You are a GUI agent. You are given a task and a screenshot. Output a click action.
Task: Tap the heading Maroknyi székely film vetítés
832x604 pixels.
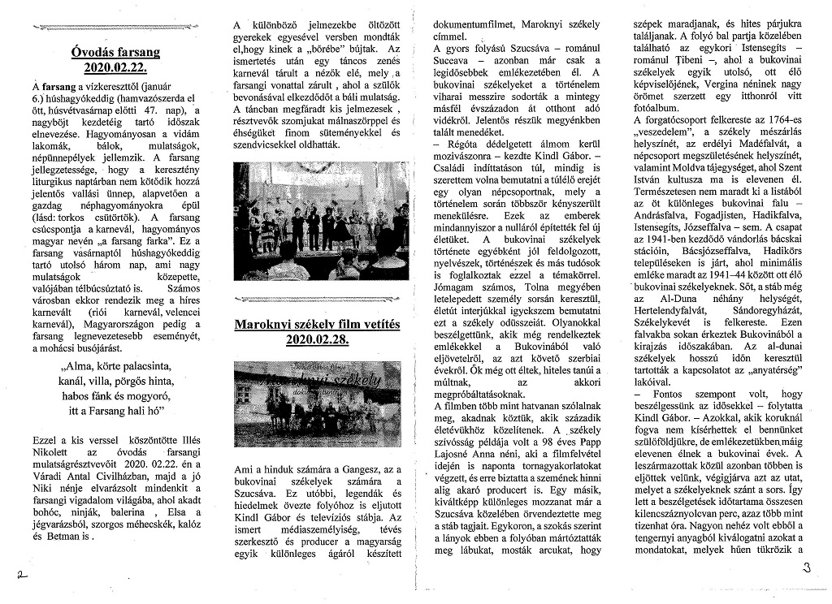point(317,325)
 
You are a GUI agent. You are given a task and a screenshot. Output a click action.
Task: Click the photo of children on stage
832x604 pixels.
point(322,221)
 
